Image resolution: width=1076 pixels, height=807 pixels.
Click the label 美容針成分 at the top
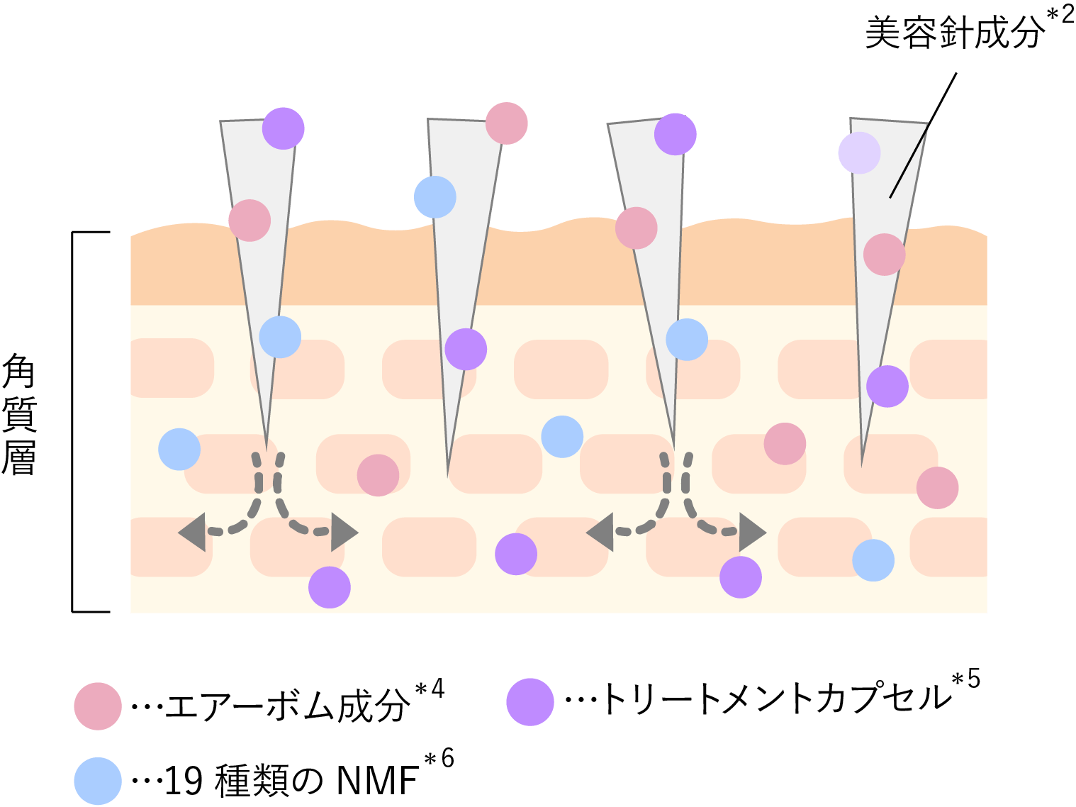[954, 33]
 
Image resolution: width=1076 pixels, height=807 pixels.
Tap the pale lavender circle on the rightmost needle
[859, 152]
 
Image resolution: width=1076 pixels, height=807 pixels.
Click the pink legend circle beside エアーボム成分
[98, 706]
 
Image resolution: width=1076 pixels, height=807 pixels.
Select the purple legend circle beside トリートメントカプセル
[530, 702]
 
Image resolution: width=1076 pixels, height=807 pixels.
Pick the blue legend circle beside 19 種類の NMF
[98, 781]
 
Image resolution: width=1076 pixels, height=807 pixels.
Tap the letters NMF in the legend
[376, 781]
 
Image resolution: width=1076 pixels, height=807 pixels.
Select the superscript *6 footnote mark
[439, 759]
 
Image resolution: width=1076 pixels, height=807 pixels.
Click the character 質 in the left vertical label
[18, 416]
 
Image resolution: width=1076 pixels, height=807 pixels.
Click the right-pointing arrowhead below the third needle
[752, 531]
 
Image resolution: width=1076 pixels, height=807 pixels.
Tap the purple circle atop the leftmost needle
[284, 128]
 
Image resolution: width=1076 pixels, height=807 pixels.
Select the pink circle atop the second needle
[507, 123]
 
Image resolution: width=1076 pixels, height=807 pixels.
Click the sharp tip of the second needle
[447, 473]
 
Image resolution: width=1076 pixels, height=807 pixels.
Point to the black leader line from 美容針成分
[924, 135]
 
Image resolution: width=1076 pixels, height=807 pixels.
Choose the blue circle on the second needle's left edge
[435, 197]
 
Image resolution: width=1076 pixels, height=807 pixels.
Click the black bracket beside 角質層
[74, 421]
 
